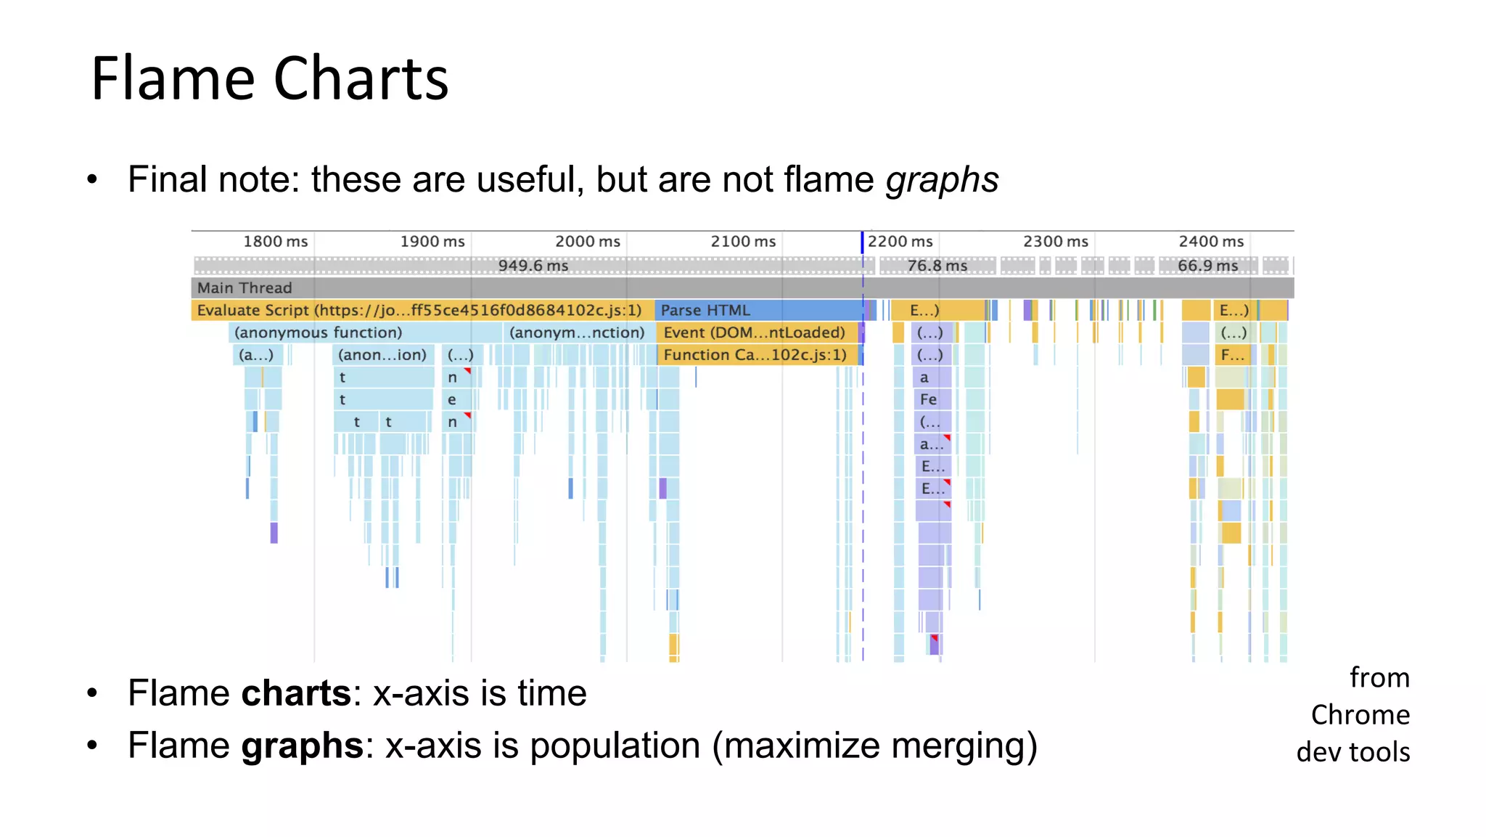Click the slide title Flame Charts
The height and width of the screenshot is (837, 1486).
(x=269, y=78)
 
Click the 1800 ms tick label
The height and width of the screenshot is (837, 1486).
(x=275, y=242)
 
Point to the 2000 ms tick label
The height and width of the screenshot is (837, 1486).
(x=587, y=242)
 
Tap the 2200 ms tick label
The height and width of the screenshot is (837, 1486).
(x=900, y=242)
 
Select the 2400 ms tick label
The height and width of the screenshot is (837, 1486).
(x=1210, y=242)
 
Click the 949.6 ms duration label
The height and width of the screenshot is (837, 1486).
(x=533, y=266)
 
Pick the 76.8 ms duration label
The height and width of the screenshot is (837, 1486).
(x=937, y=266)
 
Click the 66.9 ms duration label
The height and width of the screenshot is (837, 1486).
(x=1207, y=266)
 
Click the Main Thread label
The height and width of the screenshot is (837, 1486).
(x=245, y=288)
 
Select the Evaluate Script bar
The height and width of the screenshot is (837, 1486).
(x=419, y=311)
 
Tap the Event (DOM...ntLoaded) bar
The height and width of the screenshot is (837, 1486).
(x=755, y=333)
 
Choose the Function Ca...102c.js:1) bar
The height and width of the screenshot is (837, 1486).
(x=755, y=355)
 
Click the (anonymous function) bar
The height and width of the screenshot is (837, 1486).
(x=318, y=333)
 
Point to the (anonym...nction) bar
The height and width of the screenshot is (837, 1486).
(x=577, y=333)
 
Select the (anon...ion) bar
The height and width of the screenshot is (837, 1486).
(x=382, y=356)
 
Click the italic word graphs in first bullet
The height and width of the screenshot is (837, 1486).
(x=941, y=179)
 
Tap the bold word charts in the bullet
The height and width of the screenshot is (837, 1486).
(x=296, y=693)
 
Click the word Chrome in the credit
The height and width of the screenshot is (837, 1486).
(x=1360, y=716)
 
